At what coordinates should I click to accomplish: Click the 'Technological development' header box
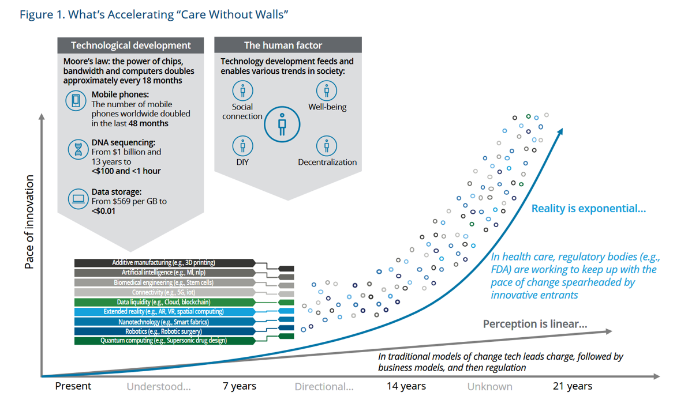pyautogui.click(x=130, y=45)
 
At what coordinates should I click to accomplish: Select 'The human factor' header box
pyautogui.click(x=288, y=45)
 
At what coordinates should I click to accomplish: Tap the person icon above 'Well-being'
pyautogui.click(x=327, y=90)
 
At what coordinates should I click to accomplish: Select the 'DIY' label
pyautogui.click(x=242, y=162)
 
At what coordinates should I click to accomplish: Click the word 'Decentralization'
pyautogui.click(x=327, y=162)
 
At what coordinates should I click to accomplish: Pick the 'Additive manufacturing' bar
pyautogui.click(x=164, y=263)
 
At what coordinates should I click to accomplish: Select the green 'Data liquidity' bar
pyautogui.click(x=164, y=302)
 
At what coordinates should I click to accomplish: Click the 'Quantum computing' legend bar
pyautogui.click(x=164, y=341)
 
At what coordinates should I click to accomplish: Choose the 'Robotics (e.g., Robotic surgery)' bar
pyautogui.click(x=164, y=331)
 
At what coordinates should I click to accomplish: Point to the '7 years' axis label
pyautogui.click(x=240, y=386)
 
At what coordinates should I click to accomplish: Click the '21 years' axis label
pyautogui.click(x=572, y=386)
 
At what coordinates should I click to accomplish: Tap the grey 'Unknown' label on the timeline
pyautogui.click(x=489, y=386)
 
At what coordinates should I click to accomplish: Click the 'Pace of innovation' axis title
pyautogui.click(x=29, y=222)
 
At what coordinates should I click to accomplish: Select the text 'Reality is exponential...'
pyautogui.click(x=588, y=209)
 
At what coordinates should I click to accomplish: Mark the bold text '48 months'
pyautogui.click(x=149, y=123)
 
